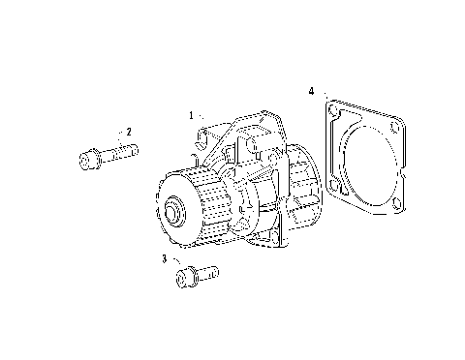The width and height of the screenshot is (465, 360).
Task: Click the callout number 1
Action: (192, 115)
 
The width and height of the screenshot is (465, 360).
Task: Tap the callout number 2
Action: (128, 130)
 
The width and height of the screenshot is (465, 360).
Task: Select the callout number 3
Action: (165, 259)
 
